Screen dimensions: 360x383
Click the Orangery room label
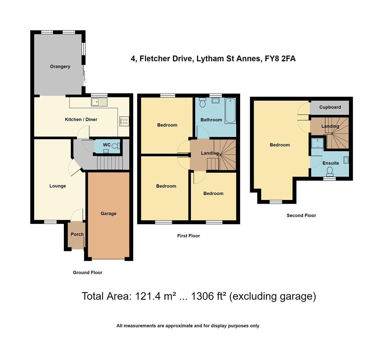(x=60, y=66)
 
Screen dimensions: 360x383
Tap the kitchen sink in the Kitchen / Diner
(x=99, y=102)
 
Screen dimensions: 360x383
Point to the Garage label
(x=108, y=213)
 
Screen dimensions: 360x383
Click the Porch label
(x=77, y=234)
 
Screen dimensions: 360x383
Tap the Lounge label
(x=58, y=186)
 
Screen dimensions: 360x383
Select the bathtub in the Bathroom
(x=230, y=111)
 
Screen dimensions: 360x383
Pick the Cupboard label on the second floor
(x=330, y=107)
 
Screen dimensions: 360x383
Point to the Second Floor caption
(x=301, y=215)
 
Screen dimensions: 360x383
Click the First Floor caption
(x=189, y=236)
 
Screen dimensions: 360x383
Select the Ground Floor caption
(x=88, y=272)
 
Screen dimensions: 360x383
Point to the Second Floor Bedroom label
(x=279, y=145)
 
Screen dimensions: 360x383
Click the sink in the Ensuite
(x=346, y=161)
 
